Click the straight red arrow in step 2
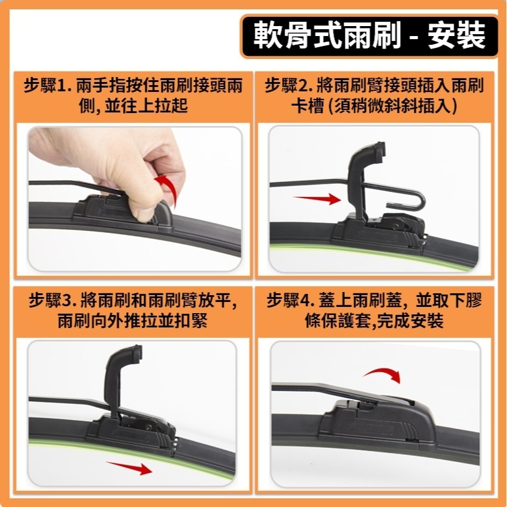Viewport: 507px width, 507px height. (317, 199)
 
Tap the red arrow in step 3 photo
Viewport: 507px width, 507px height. (129, 467)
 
